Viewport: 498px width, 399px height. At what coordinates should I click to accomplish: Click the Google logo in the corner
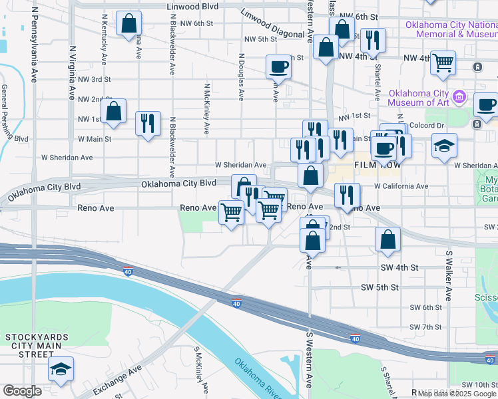(23, 391)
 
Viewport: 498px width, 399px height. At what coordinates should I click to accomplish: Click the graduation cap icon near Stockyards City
(61, 370)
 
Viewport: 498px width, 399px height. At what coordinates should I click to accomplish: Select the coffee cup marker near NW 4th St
(278, 66)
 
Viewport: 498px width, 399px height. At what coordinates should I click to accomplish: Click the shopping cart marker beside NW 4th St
(443, 63)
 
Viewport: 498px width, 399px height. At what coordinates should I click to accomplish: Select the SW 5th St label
(379, 287)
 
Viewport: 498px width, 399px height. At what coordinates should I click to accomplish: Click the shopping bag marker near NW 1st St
(114, 111)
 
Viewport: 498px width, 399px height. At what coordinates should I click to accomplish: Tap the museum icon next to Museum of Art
(459, 98)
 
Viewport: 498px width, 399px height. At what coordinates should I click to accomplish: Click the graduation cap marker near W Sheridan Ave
(444, 146)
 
